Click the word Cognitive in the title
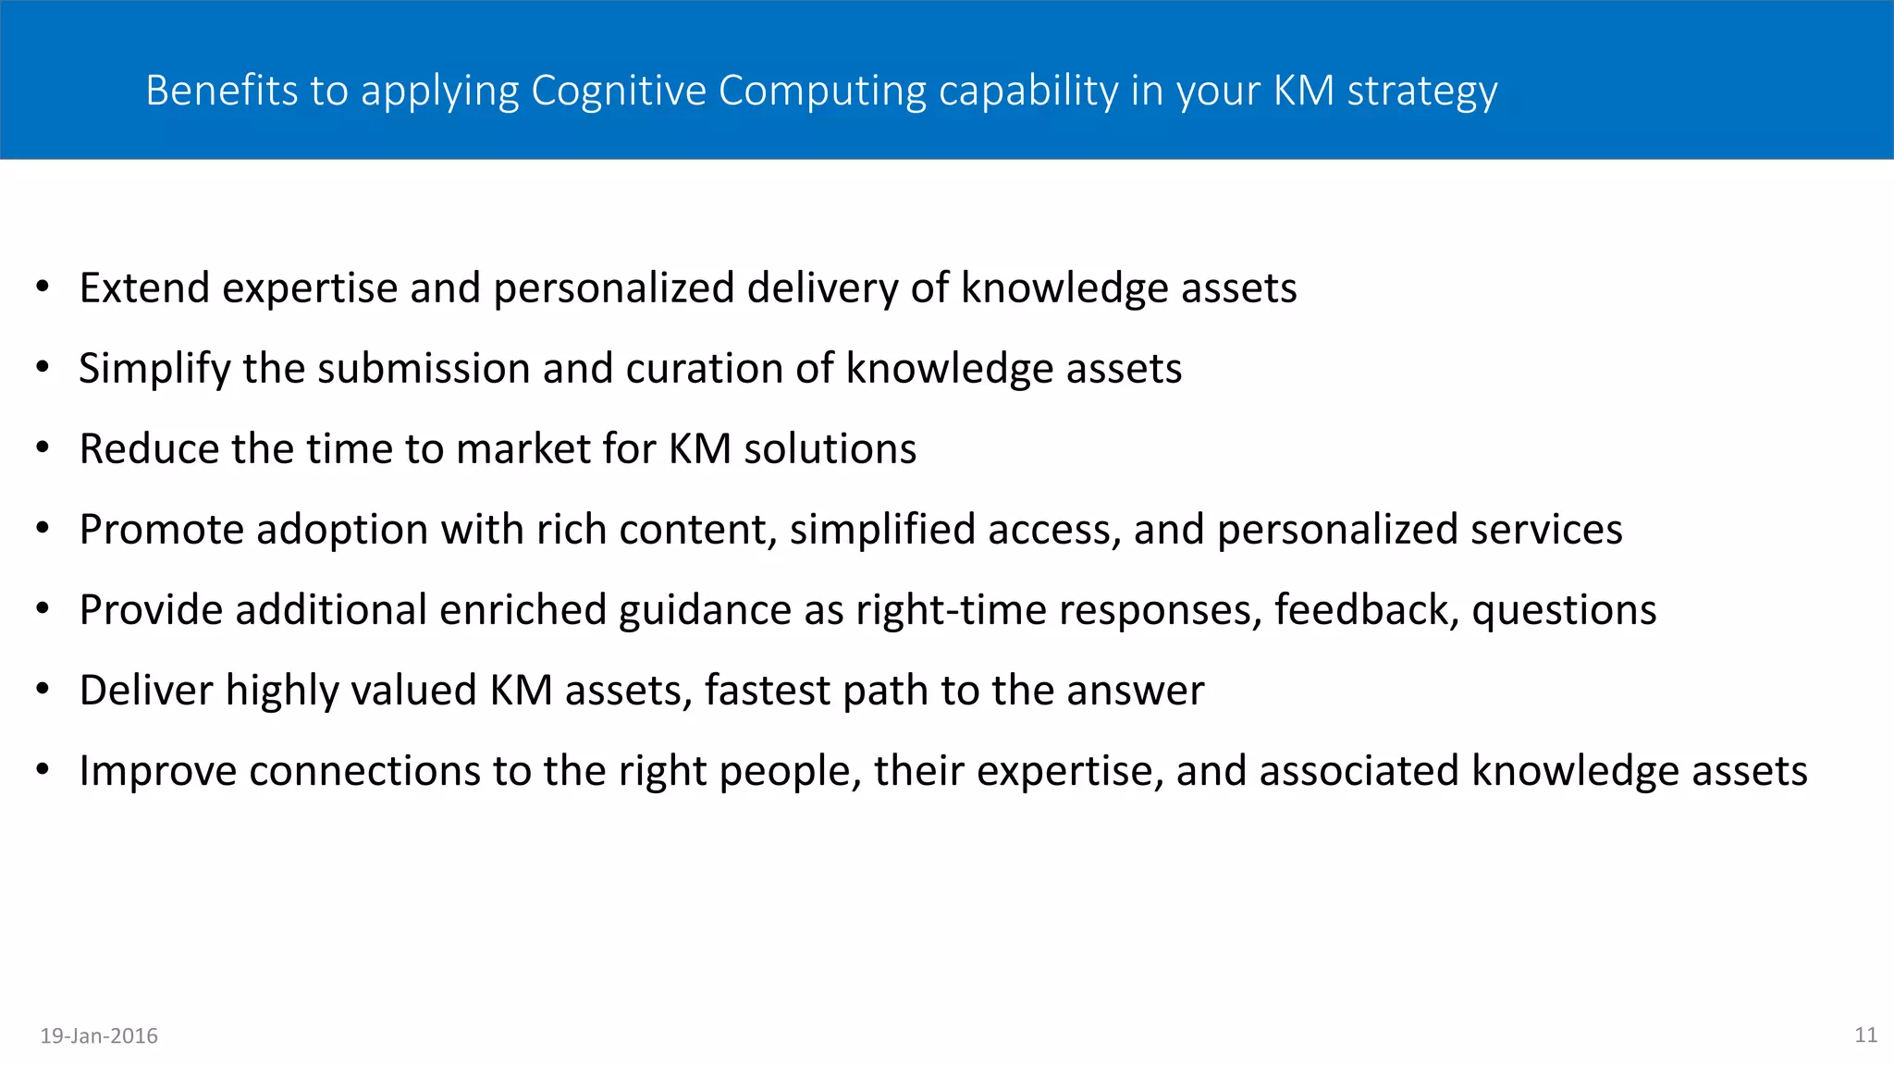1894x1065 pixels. [617, 91]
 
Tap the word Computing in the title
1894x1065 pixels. [822, 91]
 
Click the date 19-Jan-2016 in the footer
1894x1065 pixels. [99, 1036]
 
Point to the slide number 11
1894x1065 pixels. [1865, 1035]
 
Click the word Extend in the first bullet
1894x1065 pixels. [144, 288]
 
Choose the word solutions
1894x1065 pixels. [830, 449]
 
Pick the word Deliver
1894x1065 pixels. [146, 691]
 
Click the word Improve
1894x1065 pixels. [158, 772]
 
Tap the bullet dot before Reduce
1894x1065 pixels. [43, 448]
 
